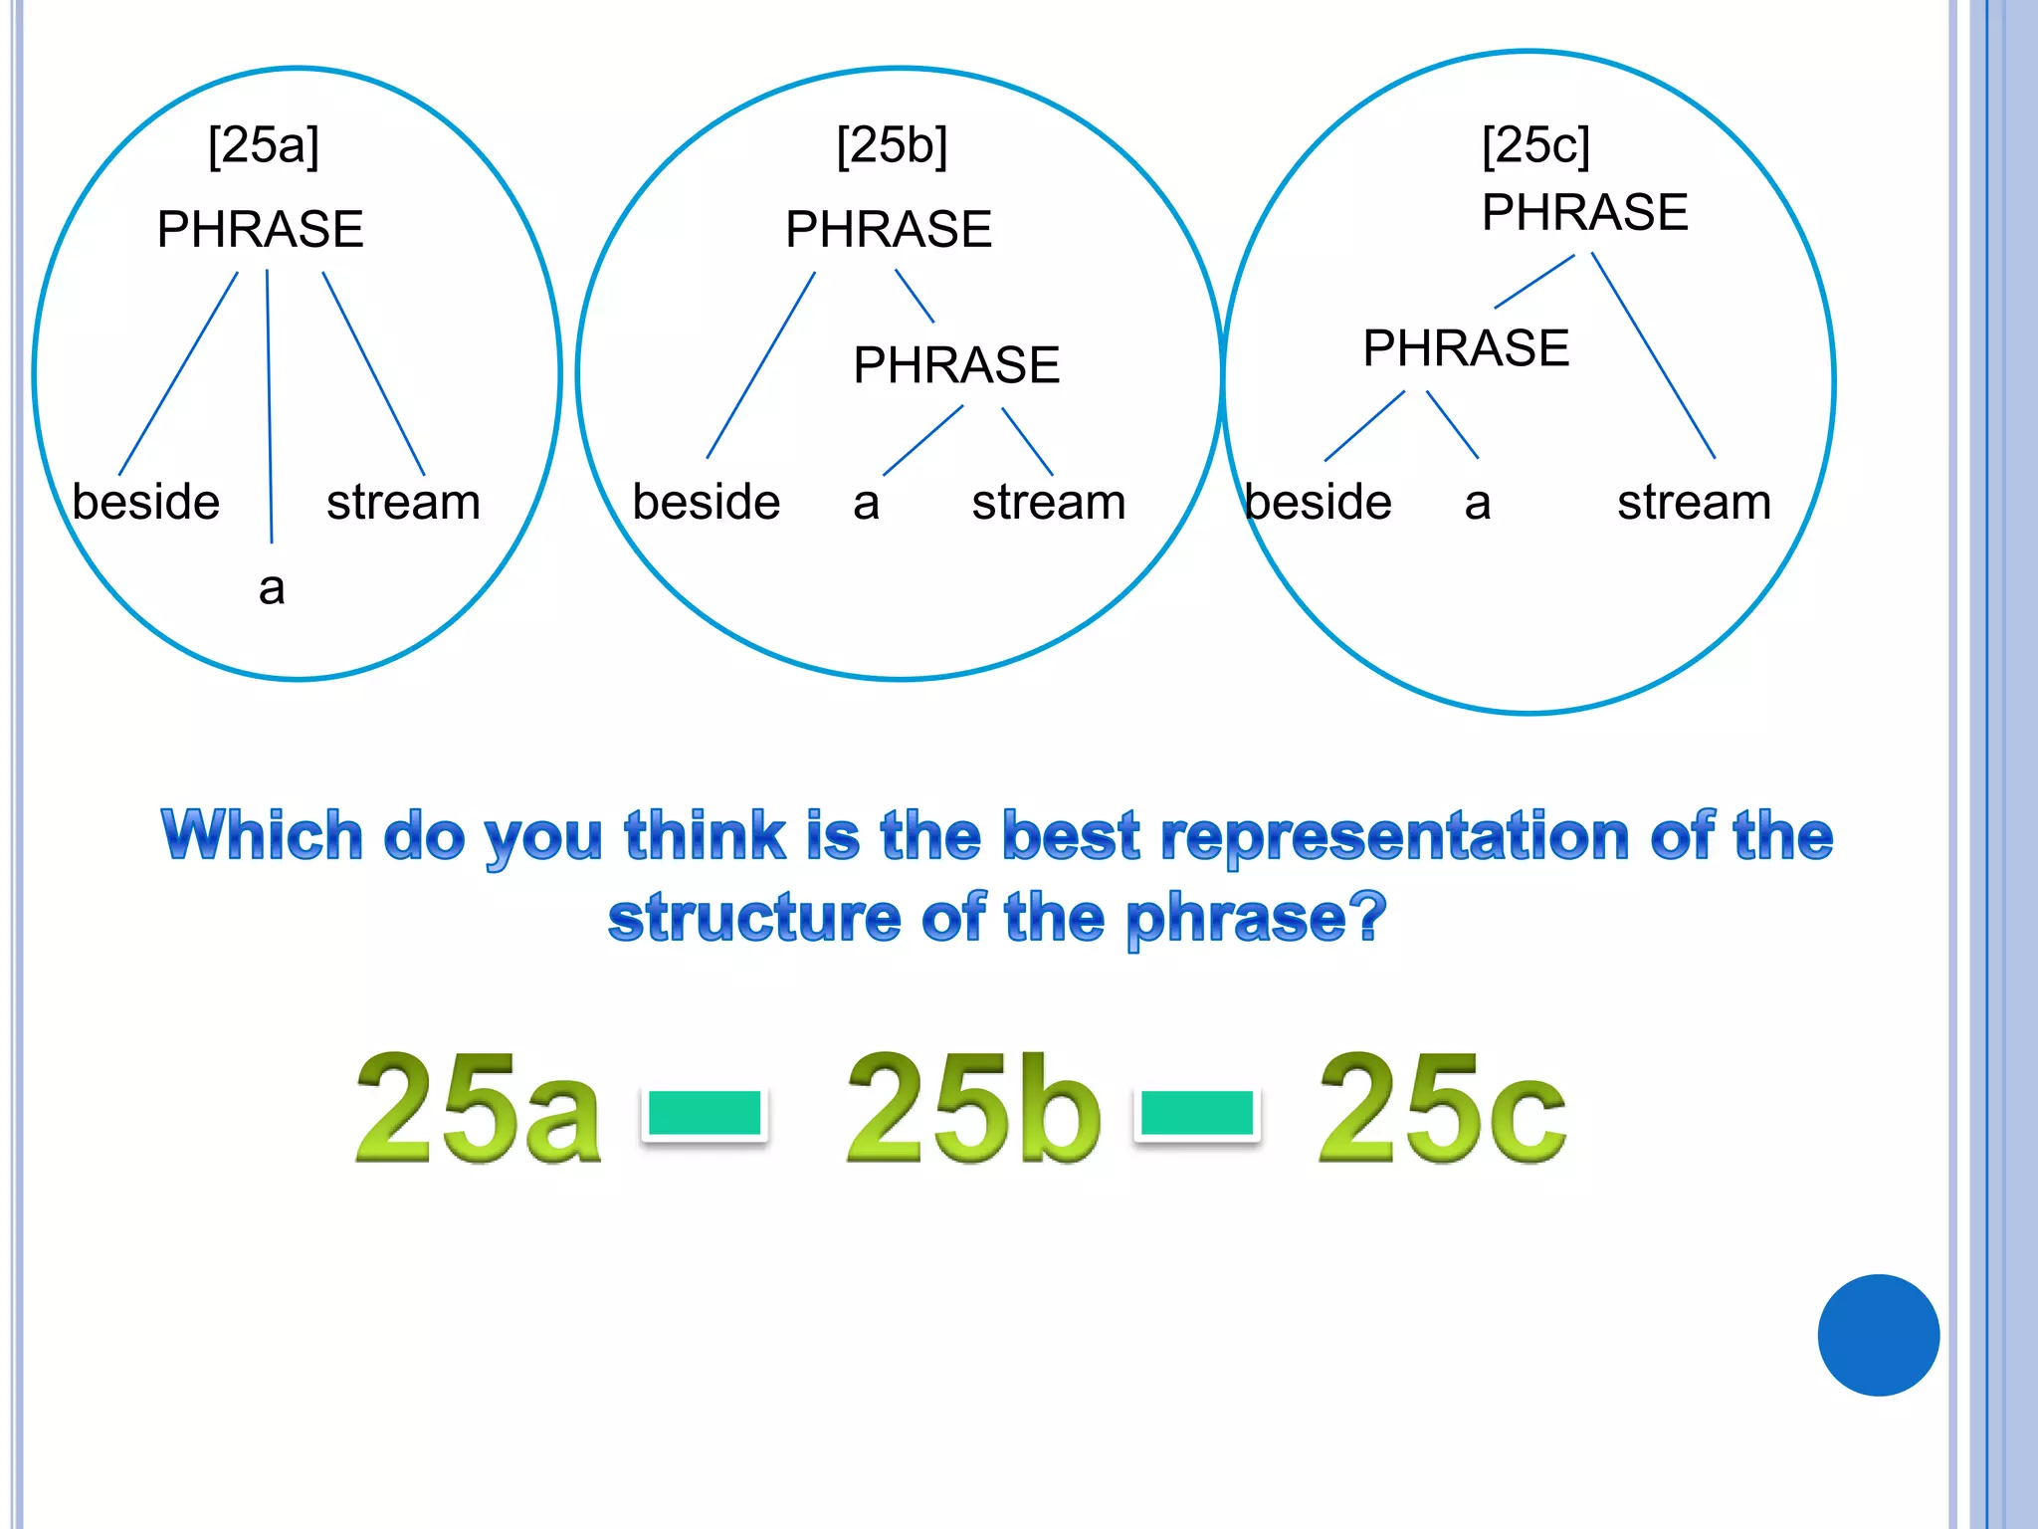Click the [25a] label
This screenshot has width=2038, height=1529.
point(264,146)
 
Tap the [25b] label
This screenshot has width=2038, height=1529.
point(892,146)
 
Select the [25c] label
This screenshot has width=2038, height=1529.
point(1535,146)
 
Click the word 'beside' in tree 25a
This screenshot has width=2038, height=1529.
point(146,501)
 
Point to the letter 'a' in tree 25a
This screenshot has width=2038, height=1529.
point(272,587)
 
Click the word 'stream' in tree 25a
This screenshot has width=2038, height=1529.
point(403,501)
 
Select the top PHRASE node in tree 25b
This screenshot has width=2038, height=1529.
point(888,229)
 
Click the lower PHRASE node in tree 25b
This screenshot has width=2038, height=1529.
point(955,364)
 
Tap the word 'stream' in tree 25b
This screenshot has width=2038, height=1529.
point(1048,501)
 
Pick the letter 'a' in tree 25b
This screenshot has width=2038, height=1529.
point(866,503)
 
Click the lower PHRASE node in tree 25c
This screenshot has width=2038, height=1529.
point(1465,347)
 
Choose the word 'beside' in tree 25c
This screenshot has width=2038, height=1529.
point(1318,501)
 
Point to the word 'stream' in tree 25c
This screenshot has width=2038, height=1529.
point(1694,501)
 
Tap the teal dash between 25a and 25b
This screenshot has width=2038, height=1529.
point(705,1113)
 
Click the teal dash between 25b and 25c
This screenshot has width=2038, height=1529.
point(1197,1113)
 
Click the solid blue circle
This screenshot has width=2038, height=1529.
point(1878,1335)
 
